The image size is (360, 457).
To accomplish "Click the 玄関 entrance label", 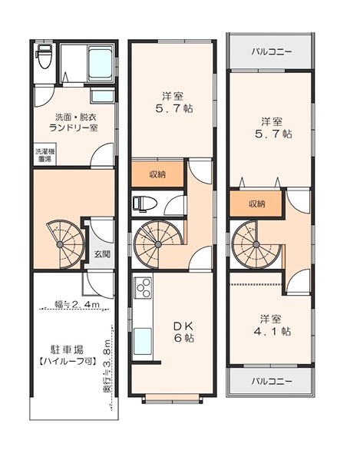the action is click(102, 254).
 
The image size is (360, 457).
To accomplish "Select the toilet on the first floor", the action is click(44, 56).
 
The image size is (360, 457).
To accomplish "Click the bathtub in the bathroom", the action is click(101, 65).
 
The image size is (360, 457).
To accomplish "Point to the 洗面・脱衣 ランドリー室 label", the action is click(74, 122).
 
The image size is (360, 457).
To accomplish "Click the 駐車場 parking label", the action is click(68, 349).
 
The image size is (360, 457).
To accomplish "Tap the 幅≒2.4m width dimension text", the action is click(78, 304).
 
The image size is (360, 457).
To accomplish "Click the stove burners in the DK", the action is click(143, 288).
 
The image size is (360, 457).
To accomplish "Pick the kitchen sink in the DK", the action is click(143, 341).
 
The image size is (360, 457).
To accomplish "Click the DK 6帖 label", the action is click(183, 332).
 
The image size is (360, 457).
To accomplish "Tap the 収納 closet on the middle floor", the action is click(157, 174).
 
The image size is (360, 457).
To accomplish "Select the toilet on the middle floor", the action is click(145, 203).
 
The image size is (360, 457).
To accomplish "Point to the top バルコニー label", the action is click(272, 52).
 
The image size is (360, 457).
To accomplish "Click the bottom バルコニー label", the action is click(272, 381).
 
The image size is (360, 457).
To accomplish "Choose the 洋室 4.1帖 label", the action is click(272, 325).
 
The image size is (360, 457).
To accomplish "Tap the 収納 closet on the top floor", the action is click(256, 204).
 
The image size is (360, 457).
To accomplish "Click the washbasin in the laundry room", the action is click(102, 95).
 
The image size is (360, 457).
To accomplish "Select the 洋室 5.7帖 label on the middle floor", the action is click(173, 102).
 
